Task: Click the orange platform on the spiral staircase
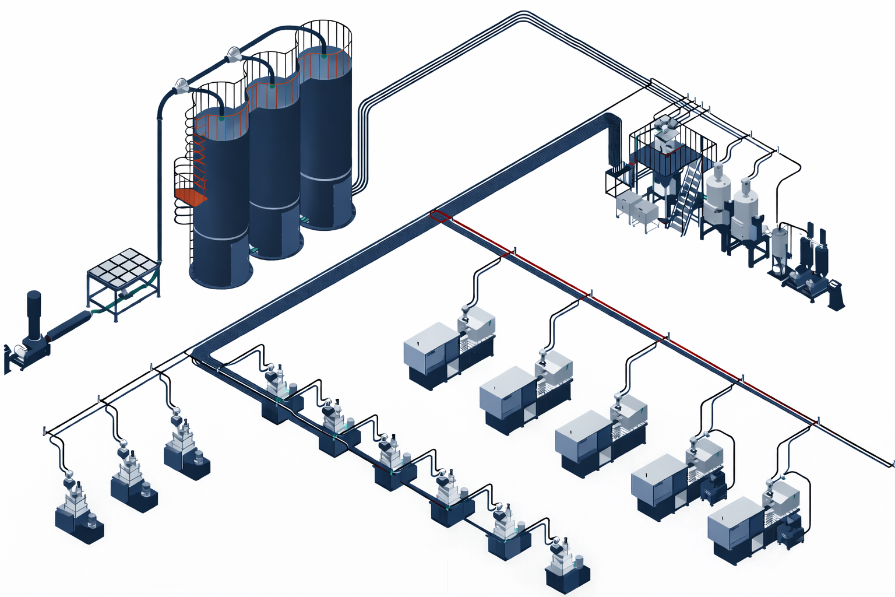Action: point(190,196)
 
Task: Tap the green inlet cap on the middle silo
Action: point(272,87)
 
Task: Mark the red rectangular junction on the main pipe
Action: point(441,216)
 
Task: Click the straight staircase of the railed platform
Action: point(686,195)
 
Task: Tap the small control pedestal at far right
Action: point(836,294)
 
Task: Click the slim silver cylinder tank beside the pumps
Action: point(779,245)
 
